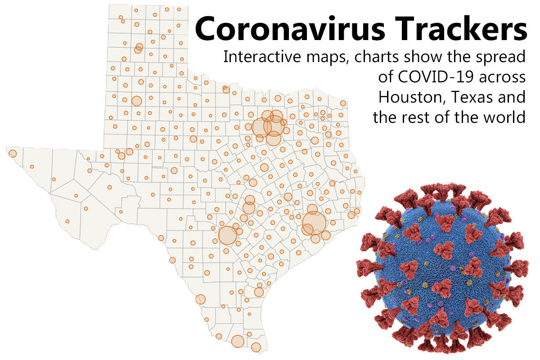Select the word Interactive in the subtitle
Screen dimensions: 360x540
(259, 58)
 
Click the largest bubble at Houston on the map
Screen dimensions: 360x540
(314, 222)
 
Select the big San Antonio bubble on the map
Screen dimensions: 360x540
(227, 235)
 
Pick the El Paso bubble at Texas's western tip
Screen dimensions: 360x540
(12, 153)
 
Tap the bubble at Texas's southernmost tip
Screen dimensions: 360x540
(256, 347)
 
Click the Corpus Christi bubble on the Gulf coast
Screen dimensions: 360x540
(259, 292)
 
